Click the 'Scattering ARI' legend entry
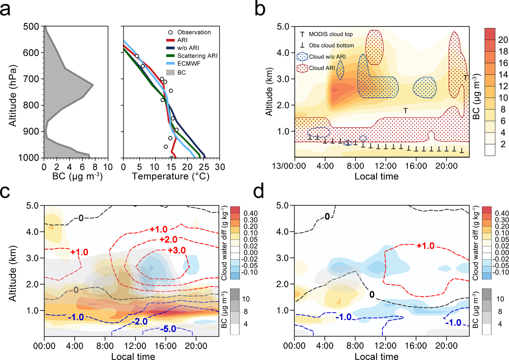[x=197, y=55]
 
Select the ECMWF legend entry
[x=189, y=63]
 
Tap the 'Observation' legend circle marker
[x=171, y=32]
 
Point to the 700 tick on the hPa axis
[x=31, y=79]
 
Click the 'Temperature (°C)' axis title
[x=171, y=176]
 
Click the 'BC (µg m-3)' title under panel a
[x=77, y=176]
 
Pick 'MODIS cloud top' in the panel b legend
[x=331, y=34]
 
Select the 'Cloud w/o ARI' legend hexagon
[x=303, y=57]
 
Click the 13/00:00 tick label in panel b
[x=289, y=166]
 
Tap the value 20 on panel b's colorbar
[x=503, y=40]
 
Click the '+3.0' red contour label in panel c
[x=177, y=251]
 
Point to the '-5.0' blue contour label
[x=168, y=329]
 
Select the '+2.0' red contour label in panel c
[x=168, y=240]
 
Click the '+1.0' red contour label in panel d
[x=426, y=246]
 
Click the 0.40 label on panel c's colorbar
[x=251, y=213]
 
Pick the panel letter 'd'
[x=259, y=191]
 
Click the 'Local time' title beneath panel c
[x=133, y=357]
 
